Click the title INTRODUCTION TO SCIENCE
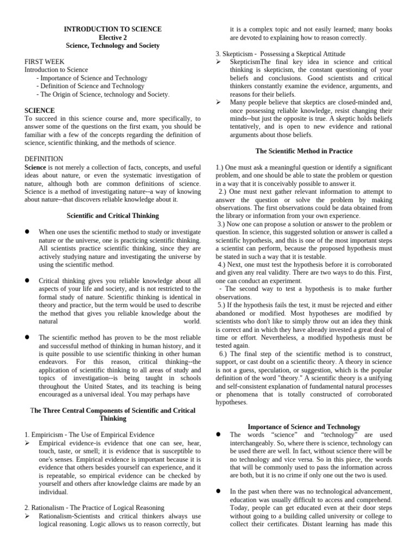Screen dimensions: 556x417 click(x=113, y=29)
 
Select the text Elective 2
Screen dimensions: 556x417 click(x=113, y=37)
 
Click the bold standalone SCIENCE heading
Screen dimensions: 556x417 click(x=40, y=110)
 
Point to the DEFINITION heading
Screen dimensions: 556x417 click(x=44, y=159)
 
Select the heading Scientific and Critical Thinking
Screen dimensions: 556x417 click(x=113, y=216)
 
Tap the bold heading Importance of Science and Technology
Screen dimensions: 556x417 click(x=304, y=427)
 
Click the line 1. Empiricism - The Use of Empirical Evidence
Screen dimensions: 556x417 click(x=90, y=434)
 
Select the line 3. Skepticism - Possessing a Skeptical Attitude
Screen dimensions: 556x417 click(x=280, y=54)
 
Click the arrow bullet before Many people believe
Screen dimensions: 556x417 click(x=218, y=102)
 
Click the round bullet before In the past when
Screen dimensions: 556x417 click(x=218, y=491)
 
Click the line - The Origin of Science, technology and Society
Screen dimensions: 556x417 click(x=103, y=94)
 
